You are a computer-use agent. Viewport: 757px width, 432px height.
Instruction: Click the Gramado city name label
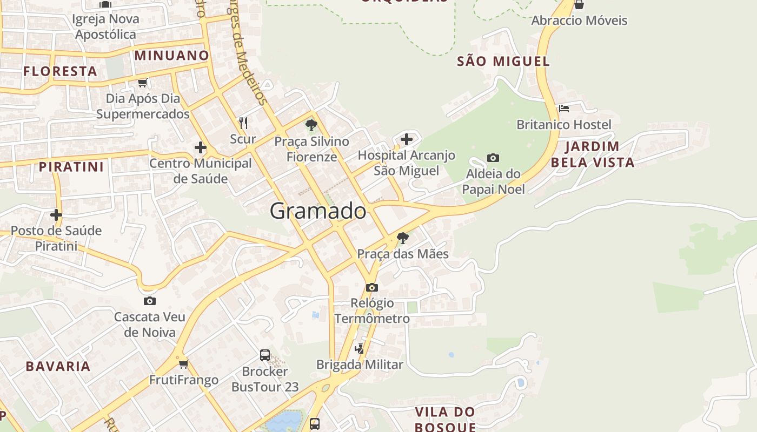(x=318, y=211)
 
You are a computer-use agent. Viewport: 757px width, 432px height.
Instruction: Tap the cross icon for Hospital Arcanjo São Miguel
(x=407, y=139)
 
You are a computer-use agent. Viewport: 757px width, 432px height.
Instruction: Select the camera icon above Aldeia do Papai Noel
(x=493, y=158)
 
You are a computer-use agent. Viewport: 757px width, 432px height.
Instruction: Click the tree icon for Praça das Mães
(x=402, y=238)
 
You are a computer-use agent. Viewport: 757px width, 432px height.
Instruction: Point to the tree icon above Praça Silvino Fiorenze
(x=311, y=125)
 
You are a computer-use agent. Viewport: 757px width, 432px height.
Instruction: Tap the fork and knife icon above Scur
(x=243, y=123)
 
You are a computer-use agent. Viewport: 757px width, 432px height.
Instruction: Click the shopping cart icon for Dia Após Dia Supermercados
(x=143, y=83)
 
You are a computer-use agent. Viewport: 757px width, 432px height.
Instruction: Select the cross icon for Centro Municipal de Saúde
(x=201, y=147)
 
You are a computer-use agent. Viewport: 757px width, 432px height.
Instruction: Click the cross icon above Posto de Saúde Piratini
(x=56, y=215)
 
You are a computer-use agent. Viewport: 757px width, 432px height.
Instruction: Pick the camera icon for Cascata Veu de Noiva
(x=150, y=301)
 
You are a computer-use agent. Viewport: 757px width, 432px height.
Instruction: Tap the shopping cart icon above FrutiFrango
(x=184, y=364)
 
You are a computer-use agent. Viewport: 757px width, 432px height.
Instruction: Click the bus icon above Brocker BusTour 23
(x=265, y=355)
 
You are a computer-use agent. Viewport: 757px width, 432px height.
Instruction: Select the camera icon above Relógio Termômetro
(x=372, y=287)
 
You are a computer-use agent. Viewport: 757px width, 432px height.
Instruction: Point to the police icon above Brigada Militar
(x=360, y=348)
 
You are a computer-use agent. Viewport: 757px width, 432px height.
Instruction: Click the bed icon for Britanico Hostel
(x=564, y=109)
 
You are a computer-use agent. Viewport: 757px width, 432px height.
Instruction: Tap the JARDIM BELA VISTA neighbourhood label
(x=593, y=154)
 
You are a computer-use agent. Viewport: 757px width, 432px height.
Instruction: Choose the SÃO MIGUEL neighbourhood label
(x=503, y=62)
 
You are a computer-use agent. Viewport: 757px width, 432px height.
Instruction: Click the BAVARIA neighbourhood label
(x=58, y=366)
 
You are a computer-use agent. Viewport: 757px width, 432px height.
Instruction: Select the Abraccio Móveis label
(x=579, y=21)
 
